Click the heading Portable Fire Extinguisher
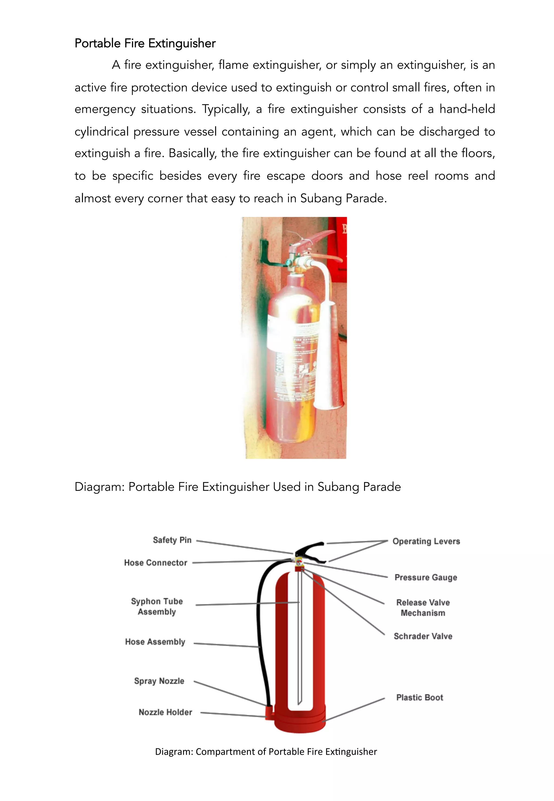coord(145,43)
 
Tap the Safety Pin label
coord(172,540)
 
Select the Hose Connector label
coord(156,563)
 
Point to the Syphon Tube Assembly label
coord(157,606)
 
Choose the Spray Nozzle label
coord(159,681)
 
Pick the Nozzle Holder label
coord(165,712)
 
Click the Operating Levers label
coord(426,541)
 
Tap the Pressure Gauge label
coord(426,578)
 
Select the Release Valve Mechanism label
coord(423,608)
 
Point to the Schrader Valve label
coord(423,636)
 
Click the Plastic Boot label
coord(420,698)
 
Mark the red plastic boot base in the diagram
coord(299,722)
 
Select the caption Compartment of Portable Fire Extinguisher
coord(266,752)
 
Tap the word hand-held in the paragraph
coord(467,109)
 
